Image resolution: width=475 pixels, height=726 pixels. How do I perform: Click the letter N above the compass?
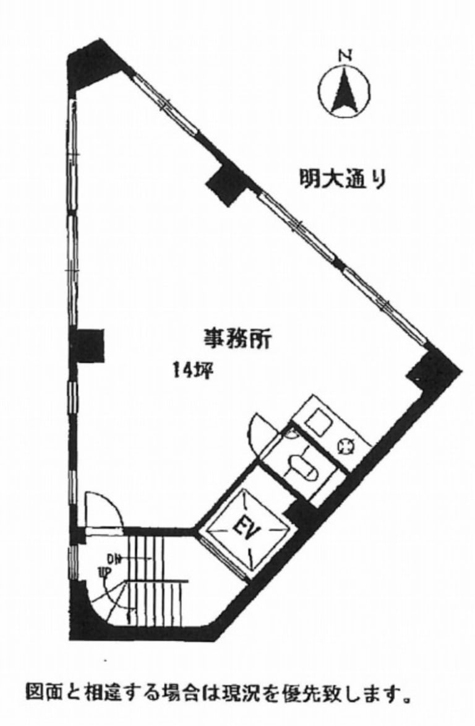345,56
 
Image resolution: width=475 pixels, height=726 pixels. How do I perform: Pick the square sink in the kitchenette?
322,420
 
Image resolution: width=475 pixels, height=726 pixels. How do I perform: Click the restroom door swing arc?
260,430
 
